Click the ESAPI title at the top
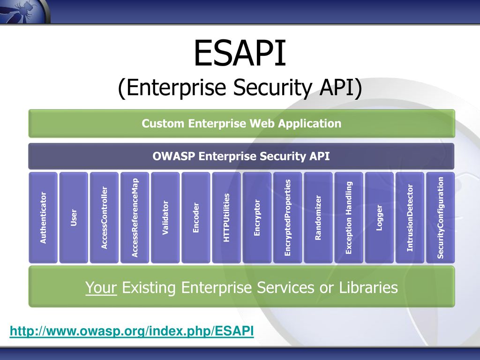240,53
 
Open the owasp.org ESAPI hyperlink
132,331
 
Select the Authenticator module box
43,217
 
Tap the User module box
74,217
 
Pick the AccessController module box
104,217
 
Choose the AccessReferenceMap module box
135,217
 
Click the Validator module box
165,217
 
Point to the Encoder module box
196,217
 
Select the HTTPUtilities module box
226,217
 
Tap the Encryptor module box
257,217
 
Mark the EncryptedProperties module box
287,217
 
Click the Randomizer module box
318,217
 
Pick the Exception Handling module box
349,217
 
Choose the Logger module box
379,217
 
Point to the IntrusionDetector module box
410,217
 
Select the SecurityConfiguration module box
440,217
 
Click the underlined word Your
101,288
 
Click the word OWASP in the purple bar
173,156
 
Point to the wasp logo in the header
24,11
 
